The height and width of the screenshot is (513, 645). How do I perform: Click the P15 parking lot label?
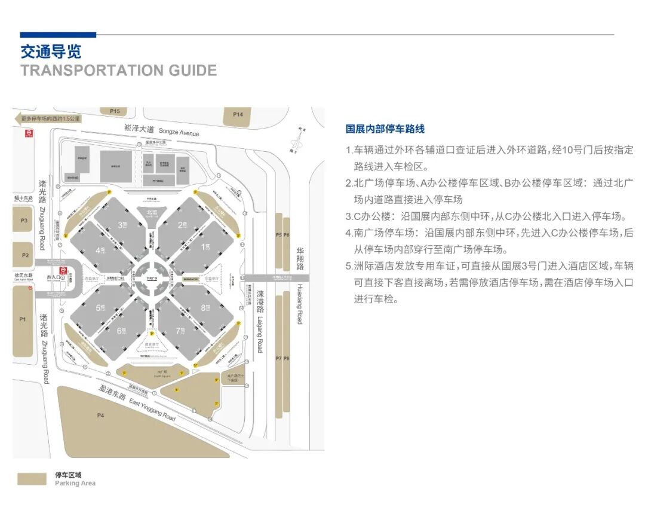(x=115, y=111)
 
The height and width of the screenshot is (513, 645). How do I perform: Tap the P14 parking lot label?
(x=238, y=115)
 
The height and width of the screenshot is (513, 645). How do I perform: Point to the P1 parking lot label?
(x=23, y=319)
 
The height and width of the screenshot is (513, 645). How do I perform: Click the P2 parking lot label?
(x=25, y=255)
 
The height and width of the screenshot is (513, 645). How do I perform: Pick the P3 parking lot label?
(x=24, y=221)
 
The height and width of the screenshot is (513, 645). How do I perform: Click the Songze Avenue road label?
(x=161, y=130)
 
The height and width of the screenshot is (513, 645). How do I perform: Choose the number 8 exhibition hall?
(x=204, y=308)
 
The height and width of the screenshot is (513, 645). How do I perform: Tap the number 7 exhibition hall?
(x=180, y=331)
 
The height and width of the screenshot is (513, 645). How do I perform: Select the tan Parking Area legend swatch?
(x=32, y=479)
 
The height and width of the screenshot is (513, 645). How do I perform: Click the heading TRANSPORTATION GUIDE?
(x=118, y=71)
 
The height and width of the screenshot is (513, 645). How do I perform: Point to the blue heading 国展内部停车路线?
(x=385, y=129)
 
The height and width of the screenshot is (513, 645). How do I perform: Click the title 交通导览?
(x=50, y=51)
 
